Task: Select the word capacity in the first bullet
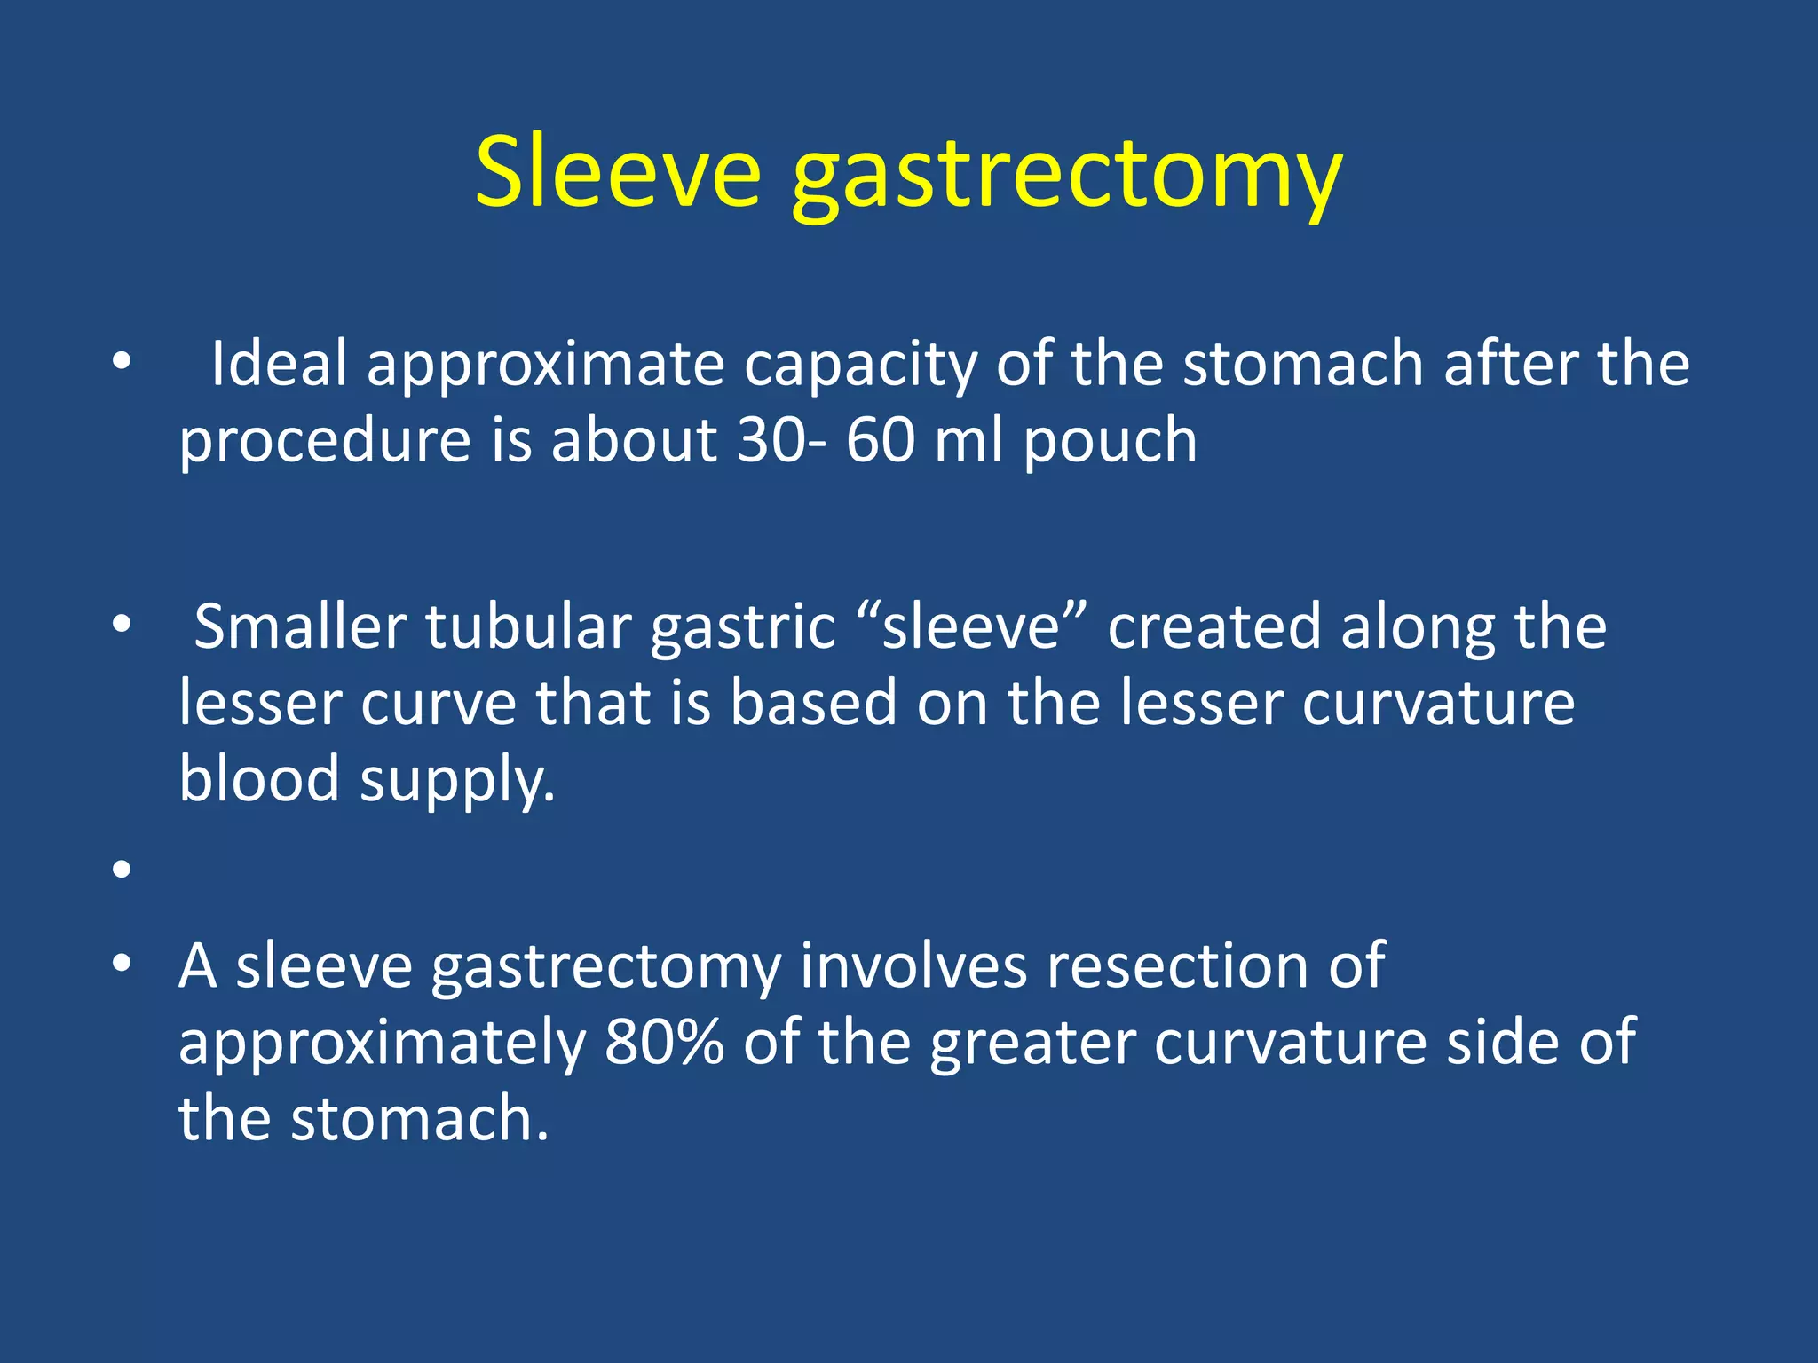tap(859, 366)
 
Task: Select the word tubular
tap(528, 626)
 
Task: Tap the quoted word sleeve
tap(972, 626)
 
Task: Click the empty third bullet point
tap(122, 869)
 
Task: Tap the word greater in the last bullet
tap(1032, 1044)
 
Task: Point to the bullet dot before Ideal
tap(122, 361)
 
